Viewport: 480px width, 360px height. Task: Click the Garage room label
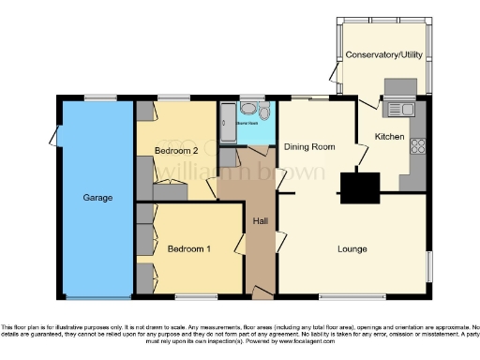[97, 198]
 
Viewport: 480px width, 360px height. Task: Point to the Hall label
[261, 221]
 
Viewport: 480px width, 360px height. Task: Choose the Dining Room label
[309, 147]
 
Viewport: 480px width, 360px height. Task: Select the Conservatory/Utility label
[382, 55]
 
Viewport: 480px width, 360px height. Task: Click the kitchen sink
[403, 110]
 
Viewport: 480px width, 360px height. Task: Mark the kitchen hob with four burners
[418, 147]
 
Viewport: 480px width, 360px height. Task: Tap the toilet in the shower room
[263, 114]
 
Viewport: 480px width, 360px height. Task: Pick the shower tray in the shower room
[228, 122]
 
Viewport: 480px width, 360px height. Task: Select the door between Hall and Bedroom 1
[241, 248]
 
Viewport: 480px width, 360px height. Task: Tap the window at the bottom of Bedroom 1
[190, 298]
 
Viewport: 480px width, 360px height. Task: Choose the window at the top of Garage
[99, 97]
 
